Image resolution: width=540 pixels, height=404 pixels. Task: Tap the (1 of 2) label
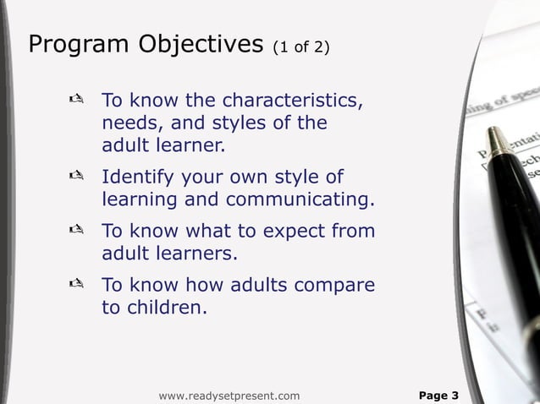300,47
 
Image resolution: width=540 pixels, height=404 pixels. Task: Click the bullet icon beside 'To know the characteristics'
74,101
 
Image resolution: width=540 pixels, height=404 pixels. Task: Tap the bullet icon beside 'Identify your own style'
74,177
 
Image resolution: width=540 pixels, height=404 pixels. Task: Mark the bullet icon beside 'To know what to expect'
74,231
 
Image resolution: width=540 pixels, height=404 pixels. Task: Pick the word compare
333,285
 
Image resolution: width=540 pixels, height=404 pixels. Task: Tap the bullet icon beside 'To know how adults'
74,284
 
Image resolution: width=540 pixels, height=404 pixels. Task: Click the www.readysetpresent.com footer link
229,395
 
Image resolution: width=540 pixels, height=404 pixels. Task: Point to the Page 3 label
439,395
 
